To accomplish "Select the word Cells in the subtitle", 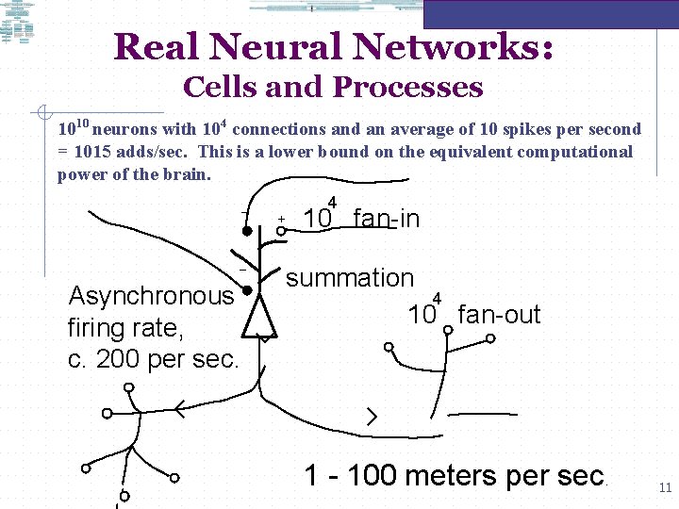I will [x=221, y=88].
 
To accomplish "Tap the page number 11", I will [x=664, y=487].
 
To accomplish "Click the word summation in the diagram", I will [x=350, y=278].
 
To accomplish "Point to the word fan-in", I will [x=386, y=220].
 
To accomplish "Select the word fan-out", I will [x=499, y=315].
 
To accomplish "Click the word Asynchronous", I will [x=151, y=297].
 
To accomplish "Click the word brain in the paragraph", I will [x=187, y=174].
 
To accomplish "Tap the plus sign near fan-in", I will [x=281, y=219].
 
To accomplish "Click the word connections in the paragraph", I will [x=280, y=129].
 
